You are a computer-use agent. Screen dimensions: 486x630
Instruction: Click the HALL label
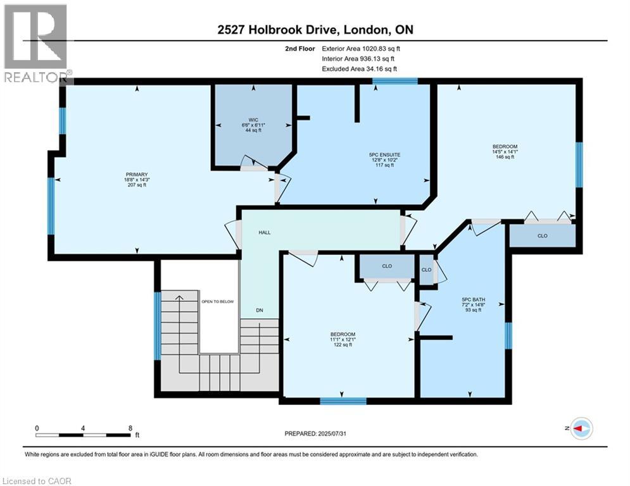(x=264, y=232)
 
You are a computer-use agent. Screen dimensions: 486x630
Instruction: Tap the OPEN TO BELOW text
(x=217, y=302)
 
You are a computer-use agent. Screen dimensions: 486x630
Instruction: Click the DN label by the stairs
(x=259, y=310)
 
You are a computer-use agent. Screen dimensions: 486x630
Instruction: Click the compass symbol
(x=581, y=428)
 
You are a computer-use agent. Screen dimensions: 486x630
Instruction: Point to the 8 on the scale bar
(x=130, y=428)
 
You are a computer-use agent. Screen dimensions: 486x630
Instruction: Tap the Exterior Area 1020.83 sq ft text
(x=360, y=48)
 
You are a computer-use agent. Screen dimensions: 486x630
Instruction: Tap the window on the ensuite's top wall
(x=394, y=81)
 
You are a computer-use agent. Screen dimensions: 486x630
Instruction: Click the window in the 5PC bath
(x=508, y=335)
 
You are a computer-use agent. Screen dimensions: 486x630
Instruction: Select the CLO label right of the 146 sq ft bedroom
(x=543, y=235)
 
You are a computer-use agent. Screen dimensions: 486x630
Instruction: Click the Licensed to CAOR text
(x=37, y=481)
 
